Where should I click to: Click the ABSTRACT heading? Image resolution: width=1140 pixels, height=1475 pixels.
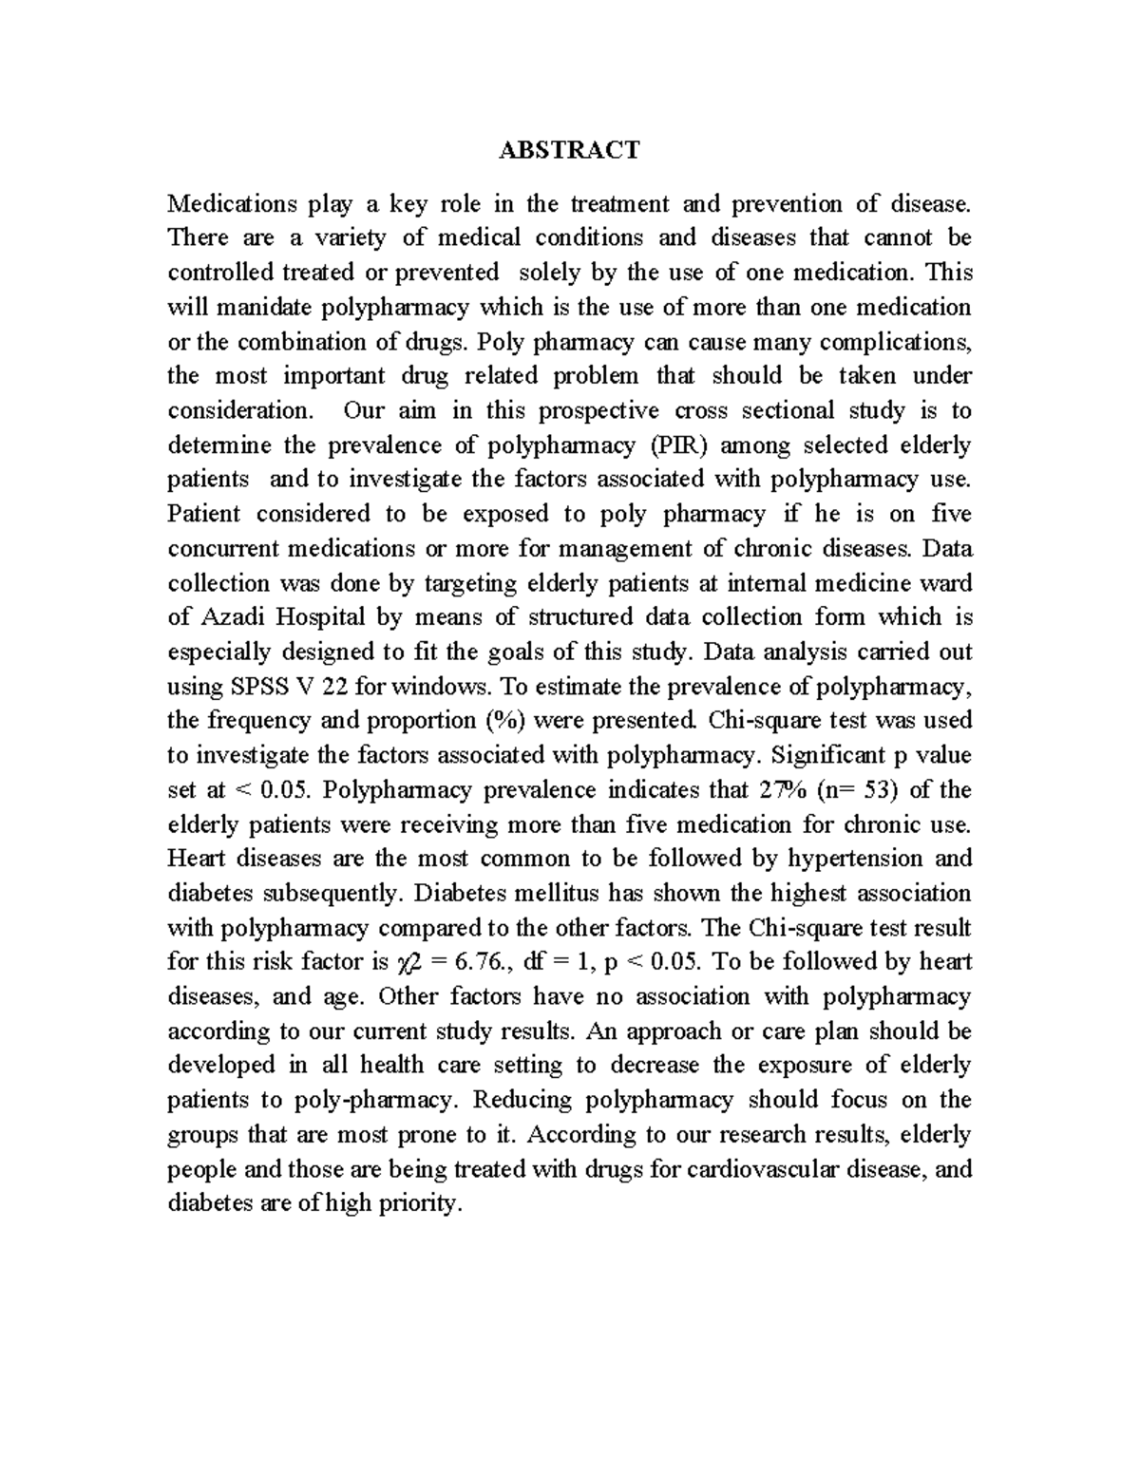click(x=570, y=150)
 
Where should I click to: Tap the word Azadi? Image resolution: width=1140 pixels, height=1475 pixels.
click(x=233, y=617)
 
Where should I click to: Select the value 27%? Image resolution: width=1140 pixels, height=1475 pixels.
click(x=781, y=789)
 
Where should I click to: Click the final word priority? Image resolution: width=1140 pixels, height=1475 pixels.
click(x=422, y=1204)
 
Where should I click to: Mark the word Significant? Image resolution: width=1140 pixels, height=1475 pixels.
click(x=824, y=755)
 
